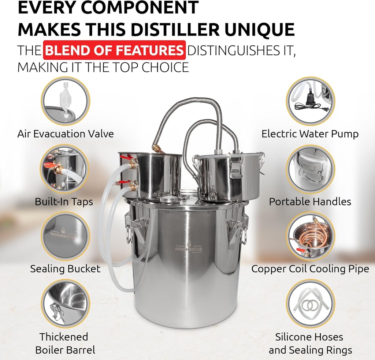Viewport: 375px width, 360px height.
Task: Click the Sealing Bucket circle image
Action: tap(65, 236)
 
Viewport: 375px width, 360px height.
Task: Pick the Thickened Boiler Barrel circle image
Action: tap(65, 304)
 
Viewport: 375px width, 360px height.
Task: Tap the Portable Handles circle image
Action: tap(311, 169)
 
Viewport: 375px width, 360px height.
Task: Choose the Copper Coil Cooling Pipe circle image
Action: tap(311, 236)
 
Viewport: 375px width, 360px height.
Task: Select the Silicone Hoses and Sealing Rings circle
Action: tap(311, 304)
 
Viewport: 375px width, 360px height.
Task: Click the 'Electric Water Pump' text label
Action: tap(310, 134)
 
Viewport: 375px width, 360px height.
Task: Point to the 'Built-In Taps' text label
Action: tap(64, 202)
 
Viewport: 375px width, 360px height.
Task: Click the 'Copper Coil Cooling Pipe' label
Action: tap(310, 269)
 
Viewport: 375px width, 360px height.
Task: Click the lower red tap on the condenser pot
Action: tap(125, 182)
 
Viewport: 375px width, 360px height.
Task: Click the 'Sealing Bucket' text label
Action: tap(65, 269)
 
